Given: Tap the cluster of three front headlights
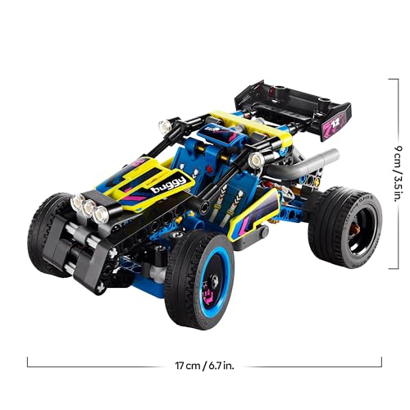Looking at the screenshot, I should point(88,209).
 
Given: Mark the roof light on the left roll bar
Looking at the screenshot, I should point(165,127).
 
